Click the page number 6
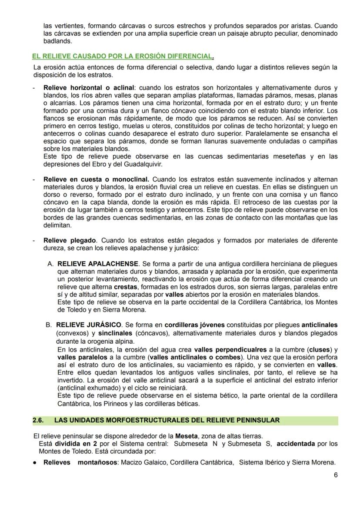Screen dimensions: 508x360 click(335, 475)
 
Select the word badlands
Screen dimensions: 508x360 click(57, 42)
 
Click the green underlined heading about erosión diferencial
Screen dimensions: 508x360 click(123, 56)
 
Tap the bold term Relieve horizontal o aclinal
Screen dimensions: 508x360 click(89, 88)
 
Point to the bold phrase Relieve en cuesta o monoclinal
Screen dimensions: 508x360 click(96, 179)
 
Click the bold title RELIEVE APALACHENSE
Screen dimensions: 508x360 click(97, 264)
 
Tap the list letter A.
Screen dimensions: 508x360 click(50, 264)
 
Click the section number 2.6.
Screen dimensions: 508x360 click(38, 420)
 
